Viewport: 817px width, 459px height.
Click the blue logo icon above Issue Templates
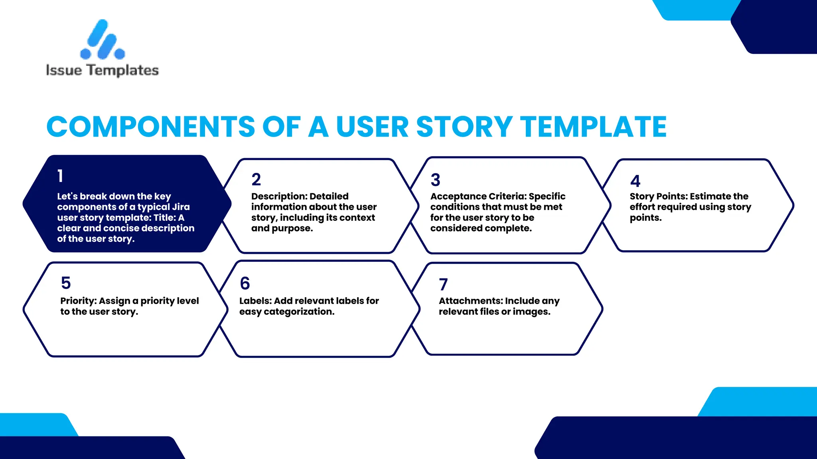coord(102,40)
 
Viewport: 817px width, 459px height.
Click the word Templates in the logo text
coord(123,71)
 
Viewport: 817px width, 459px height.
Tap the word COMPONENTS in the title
coord(150,127)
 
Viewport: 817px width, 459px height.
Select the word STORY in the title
coord(464,127)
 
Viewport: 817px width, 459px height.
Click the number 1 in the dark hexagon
coord(60,176)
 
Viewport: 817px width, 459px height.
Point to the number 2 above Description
coord(256,180)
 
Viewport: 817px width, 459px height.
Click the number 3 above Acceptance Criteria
coord(435,180)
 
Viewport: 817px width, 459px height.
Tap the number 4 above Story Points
coord(635,181)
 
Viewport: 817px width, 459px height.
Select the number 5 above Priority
coord(66,283)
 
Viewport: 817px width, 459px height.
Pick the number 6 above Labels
coord(245,284)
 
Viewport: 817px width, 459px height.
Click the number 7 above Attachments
coord(443,284)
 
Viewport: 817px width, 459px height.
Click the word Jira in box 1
coord(181,207)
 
